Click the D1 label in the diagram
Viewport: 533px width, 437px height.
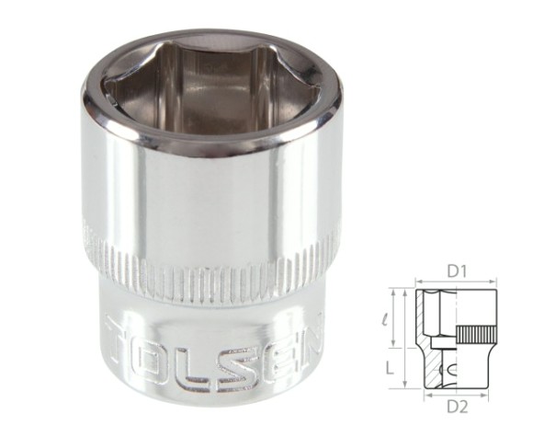456,271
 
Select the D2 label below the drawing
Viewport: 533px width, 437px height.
458,406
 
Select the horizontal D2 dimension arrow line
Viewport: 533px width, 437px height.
457,395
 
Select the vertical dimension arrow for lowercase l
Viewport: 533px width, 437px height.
401,317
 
